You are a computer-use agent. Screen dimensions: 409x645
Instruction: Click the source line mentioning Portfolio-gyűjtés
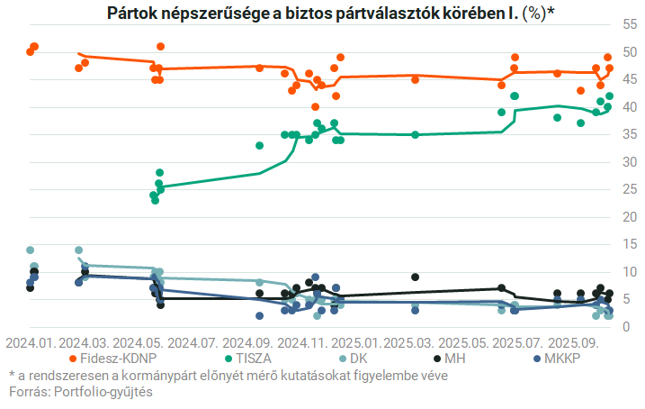[80, 392]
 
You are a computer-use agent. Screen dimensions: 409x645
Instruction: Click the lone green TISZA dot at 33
[260, 145]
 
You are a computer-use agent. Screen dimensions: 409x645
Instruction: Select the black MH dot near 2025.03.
[415, 277]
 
